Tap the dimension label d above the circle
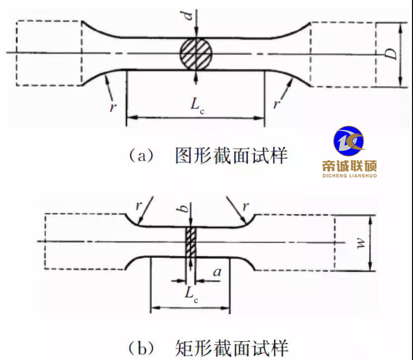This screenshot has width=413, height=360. (x=187, y=15)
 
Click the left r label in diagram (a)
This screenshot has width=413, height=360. (x=113, y=106)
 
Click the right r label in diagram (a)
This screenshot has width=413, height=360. (x=275, y=105)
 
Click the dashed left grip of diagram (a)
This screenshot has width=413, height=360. (x=49, y=53)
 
